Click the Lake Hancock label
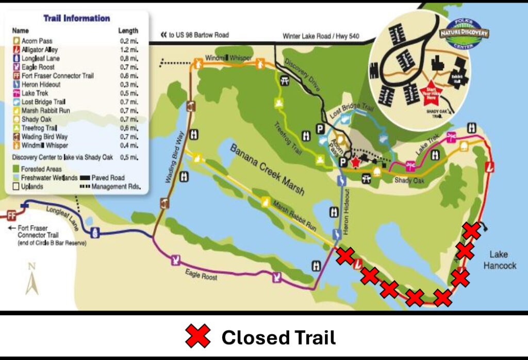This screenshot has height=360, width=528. pyautogui.click(x=502, y=260)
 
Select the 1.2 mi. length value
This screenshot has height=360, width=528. pyautogui.click(x=128, y=50)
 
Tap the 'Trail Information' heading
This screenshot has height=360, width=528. pyautogui.click(x=76, y=19)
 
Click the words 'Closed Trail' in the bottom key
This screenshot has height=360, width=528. pyautogui.click(x=278, y=338)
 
